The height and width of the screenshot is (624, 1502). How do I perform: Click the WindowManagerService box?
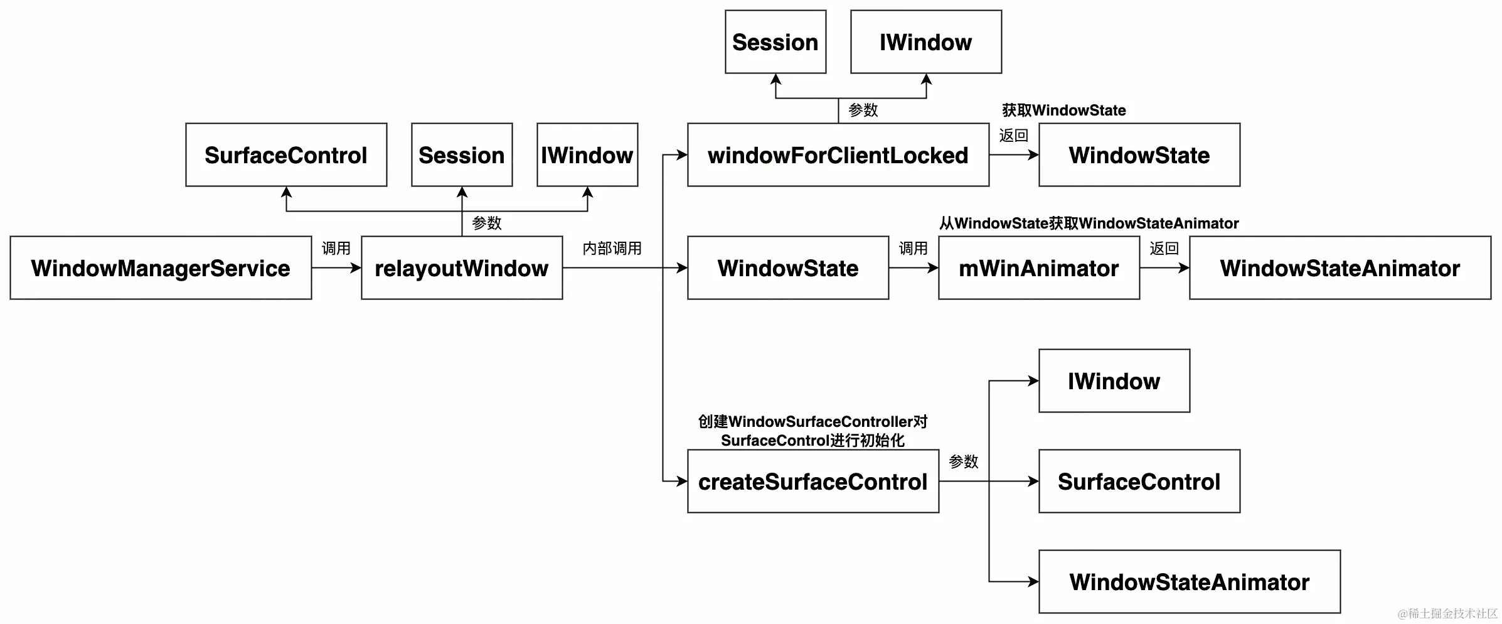point(161,268)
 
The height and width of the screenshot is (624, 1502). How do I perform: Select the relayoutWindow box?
point(462,268)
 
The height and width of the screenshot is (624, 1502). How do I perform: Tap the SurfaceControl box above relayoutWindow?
point(286,155)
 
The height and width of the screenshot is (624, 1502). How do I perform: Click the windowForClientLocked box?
point(838,155)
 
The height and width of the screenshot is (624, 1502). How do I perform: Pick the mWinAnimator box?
point(1039,268)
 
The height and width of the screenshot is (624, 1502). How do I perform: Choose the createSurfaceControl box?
point(813,481)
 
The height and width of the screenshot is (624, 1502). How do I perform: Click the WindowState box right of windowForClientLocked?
point(1139,155)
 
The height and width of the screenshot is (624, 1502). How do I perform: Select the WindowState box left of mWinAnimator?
point(788,268)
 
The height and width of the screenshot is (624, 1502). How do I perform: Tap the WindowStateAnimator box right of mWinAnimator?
point(1340,268)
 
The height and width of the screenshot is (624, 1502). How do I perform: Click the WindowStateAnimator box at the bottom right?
point(1190,582)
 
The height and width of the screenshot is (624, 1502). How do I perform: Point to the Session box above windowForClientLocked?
point(775,42)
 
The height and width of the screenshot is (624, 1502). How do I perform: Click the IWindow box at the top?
point(926,42)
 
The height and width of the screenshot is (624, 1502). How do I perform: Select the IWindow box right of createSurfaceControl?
point(1114,381)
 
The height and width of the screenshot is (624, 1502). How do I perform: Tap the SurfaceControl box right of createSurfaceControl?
point(1139,481)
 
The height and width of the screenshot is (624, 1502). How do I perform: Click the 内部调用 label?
point(612,249)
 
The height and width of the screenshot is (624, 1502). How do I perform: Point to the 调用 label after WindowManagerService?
point(336,249)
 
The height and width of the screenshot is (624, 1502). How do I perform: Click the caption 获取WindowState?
point(1064,110)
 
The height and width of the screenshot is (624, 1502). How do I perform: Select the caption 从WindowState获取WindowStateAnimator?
point(1089,223)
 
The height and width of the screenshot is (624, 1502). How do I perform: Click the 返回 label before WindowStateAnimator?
point(1164,249)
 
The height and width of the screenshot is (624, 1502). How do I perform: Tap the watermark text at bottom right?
point(1447,613)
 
